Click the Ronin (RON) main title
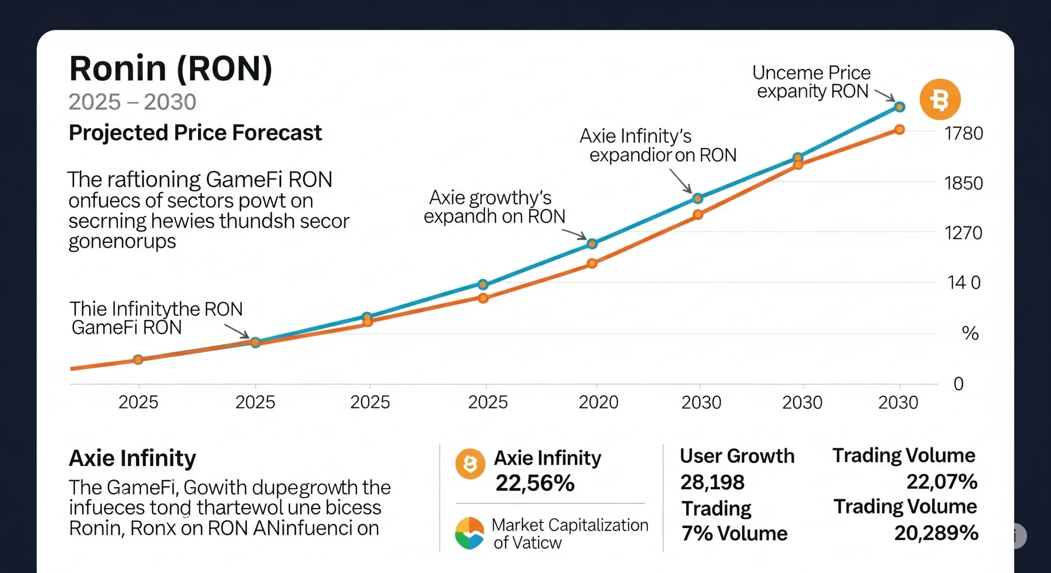coord(170,69)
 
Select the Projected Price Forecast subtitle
coord(195,133)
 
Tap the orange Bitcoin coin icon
coord(940,99)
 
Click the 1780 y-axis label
coord(964,133)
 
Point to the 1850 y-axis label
coord(964,183)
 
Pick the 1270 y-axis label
coord(964,233)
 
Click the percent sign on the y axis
coord(970,333)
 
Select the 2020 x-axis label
coord(598,402)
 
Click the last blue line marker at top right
coord(900,107)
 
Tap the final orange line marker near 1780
coord(900,130)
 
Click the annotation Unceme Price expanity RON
coord(812,82)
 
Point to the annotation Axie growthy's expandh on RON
coord(494,207)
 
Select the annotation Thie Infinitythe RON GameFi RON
coord(156,318)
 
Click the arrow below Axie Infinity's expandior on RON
coord(682,181)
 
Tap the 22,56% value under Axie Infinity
coord(535,483)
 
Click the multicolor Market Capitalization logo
coord(469,533)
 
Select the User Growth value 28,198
coord(712,482)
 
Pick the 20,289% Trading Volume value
coord(936,533)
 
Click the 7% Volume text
coord(734,533)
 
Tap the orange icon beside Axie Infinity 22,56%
coord(470,464)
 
